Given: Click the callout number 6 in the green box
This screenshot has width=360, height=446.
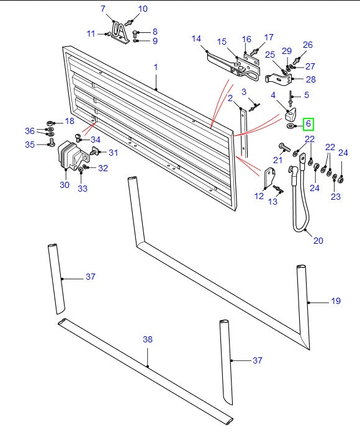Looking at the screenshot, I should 308,125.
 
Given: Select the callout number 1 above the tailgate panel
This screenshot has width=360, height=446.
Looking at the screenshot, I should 156,67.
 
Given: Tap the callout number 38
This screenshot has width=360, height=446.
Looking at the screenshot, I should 148,339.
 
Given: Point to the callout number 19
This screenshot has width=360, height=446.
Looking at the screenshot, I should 335,301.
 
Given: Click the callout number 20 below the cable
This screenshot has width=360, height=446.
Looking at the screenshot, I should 318,241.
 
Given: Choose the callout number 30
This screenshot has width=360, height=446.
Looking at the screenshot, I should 64,185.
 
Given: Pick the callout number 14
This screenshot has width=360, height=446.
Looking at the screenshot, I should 196,38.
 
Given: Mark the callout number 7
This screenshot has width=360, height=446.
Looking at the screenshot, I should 104,9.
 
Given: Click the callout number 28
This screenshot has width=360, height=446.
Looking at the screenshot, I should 310,79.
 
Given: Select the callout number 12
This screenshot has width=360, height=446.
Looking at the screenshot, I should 259,196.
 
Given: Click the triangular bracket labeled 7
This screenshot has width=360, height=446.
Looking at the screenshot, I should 120,32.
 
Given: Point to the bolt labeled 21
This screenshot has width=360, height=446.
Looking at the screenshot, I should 285,148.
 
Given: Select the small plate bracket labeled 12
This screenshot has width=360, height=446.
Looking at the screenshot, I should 270,178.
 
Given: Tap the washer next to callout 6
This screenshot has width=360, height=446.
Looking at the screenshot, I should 291,127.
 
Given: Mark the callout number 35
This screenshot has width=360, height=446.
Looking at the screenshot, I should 29,145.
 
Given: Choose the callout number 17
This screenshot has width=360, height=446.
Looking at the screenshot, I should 269,37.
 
